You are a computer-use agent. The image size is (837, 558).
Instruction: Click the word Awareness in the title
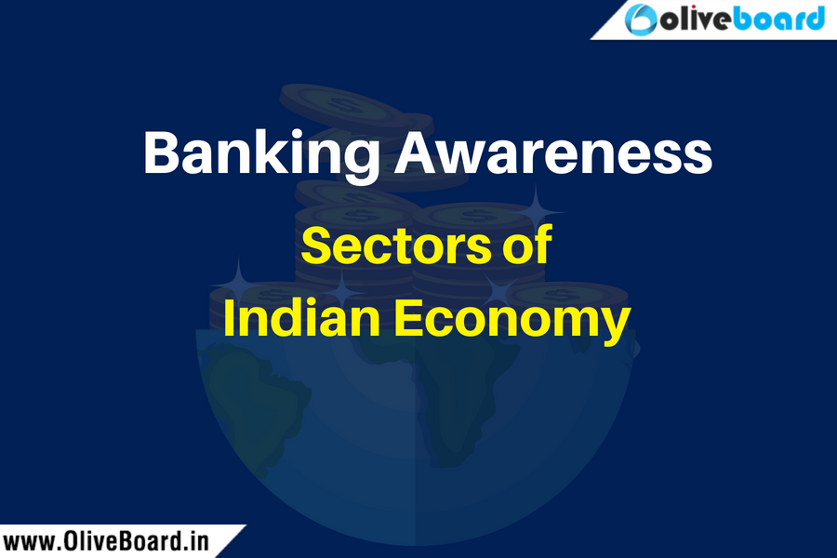553,153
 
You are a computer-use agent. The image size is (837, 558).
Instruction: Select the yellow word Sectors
395,246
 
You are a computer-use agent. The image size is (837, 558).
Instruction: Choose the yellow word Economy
512,320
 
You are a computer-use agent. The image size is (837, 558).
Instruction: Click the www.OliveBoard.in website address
105,541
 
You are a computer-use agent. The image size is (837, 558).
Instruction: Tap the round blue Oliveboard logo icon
641,20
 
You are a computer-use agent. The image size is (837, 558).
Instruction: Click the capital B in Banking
161,153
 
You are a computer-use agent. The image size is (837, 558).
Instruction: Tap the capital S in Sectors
316,246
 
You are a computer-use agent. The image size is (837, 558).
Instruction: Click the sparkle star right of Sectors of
536,212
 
